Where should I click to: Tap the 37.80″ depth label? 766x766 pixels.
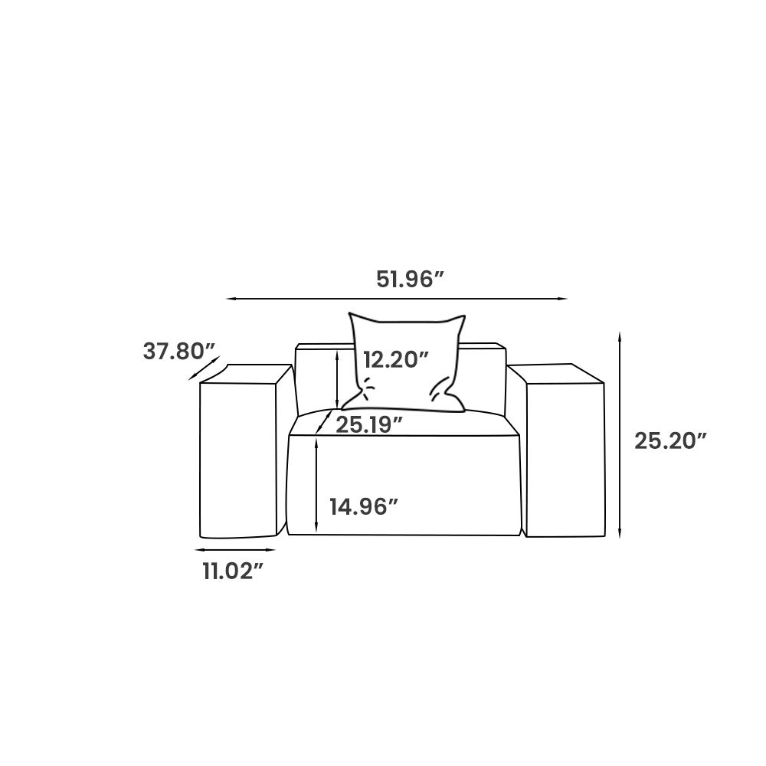[x=178, y=352]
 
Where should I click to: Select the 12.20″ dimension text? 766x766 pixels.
[x=396, y=360]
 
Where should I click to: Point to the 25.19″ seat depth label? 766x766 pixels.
[x=369, y=425]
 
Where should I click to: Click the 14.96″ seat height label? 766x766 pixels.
[x=365, y=506]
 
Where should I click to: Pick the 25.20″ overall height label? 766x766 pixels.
[x=671, y=441]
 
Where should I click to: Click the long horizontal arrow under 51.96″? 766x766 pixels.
[x=397, y=299]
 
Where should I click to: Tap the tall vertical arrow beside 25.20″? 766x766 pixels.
[x=620, y=435]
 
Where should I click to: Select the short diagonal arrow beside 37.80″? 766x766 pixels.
[x=204, y=368]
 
